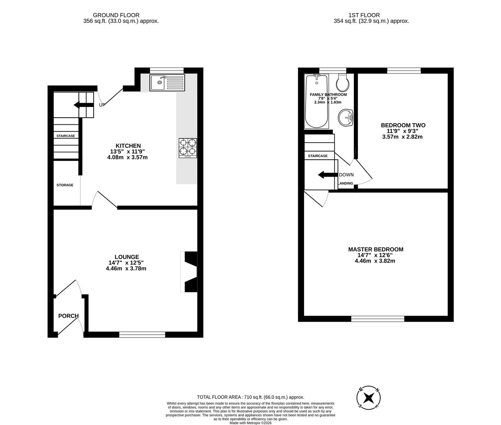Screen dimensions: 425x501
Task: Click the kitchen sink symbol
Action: [167, 83]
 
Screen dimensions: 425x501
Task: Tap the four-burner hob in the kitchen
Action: [188, 148]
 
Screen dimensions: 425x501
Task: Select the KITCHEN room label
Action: [128, 146]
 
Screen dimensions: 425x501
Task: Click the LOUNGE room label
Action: [127, 257]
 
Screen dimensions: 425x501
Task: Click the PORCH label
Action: [68, 316]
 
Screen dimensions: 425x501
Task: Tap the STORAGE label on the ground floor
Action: [65, 185]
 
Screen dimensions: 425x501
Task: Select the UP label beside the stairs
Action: [102, 105]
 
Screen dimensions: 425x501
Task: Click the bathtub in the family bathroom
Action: [317, 102]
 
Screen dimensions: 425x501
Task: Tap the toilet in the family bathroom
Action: [343, 82]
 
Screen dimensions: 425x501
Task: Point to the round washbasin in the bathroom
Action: [346, 117]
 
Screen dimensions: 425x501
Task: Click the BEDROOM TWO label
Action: [403, 126]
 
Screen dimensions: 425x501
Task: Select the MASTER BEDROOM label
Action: [376, 249]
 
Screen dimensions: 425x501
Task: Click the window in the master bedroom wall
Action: [378, 319]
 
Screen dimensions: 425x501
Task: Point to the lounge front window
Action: [142, 334]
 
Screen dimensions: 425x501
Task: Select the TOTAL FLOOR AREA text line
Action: [251, 397]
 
